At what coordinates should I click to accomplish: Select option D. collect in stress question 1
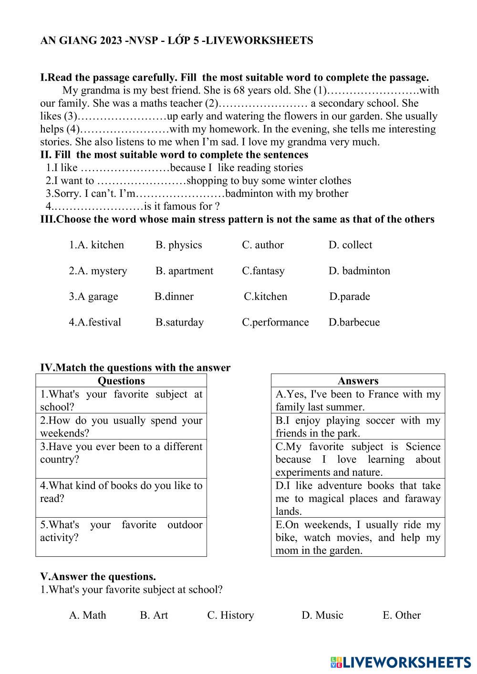pos(350,245)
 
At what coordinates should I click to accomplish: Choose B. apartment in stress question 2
pos(184,271)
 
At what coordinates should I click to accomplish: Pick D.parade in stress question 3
pos(350,296)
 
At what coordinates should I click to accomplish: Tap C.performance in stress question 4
pos(275,322)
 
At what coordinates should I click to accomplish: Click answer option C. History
pos(230,615)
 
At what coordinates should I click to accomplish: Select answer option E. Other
pos(401,615)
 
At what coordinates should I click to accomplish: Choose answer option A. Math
pos(87,615)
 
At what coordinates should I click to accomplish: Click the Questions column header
pos(121,380)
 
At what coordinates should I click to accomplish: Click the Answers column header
pos(358,380)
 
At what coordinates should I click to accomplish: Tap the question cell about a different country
pos(121,459)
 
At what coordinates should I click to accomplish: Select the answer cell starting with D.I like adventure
pos(358,498)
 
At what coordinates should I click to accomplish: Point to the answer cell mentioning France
pos(358,400)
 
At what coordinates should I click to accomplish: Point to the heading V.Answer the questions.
pos(98,576)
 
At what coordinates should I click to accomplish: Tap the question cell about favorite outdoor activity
pos(121,537)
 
